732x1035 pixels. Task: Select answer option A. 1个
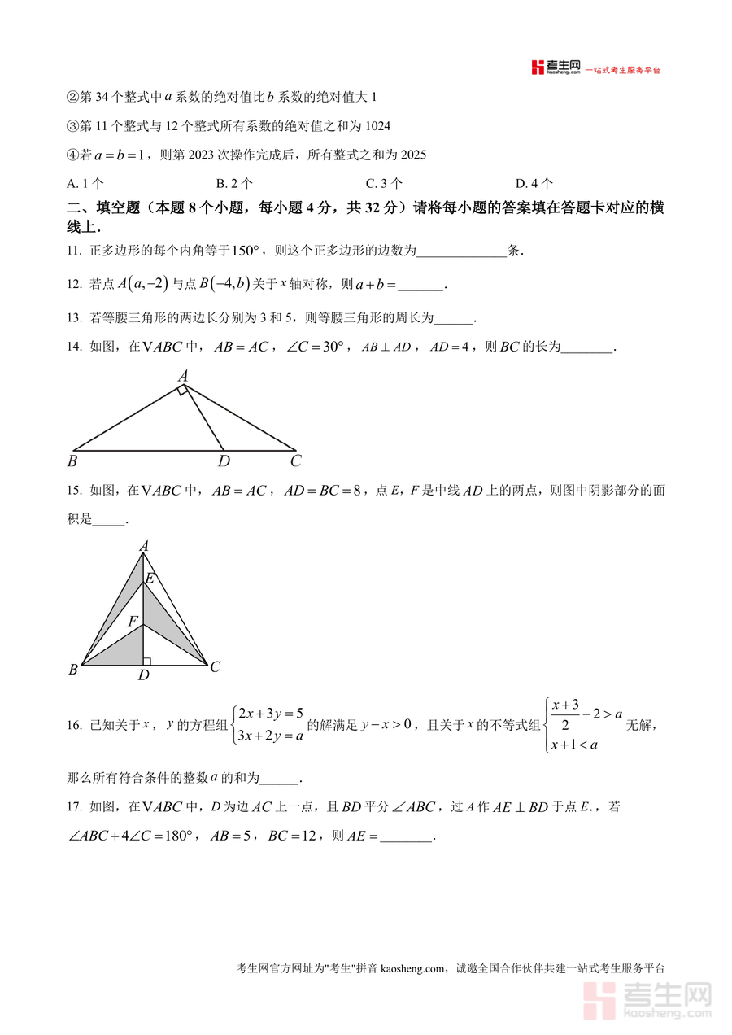click(85, 183)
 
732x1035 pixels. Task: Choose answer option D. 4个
click(534, 183)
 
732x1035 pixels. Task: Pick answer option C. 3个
click(384, 183)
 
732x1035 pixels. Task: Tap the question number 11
click(74, 251)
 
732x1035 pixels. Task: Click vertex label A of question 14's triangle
click(183, 376)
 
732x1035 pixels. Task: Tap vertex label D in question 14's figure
click(224, 461)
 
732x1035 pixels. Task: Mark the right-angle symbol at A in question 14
click(184, 392)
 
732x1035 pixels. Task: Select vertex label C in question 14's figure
click(296, 461)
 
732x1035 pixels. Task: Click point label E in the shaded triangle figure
click(149, 579)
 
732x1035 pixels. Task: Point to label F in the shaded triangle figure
click(132, 621)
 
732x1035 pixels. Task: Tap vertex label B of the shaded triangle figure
click(73, 670)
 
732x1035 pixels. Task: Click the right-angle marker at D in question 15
click(146, 661)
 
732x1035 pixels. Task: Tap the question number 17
click(74, 807)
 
